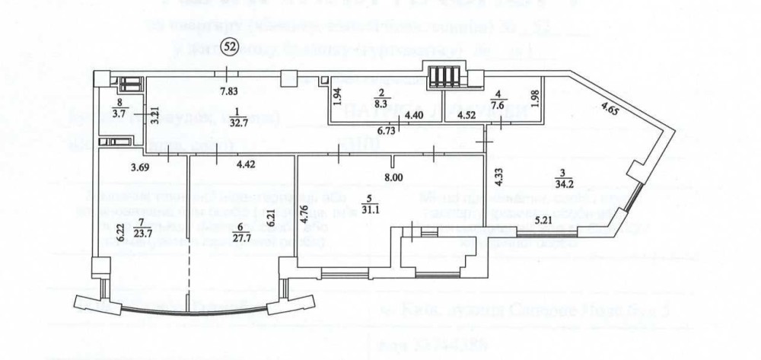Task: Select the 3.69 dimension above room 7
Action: pyautogui.click(x=140, y=165)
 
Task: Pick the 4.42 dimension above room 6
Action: pyautogui.click(x=247, y=163)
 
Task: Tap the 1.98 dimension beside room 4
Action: pyautogui.click(x=535, y=98)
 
